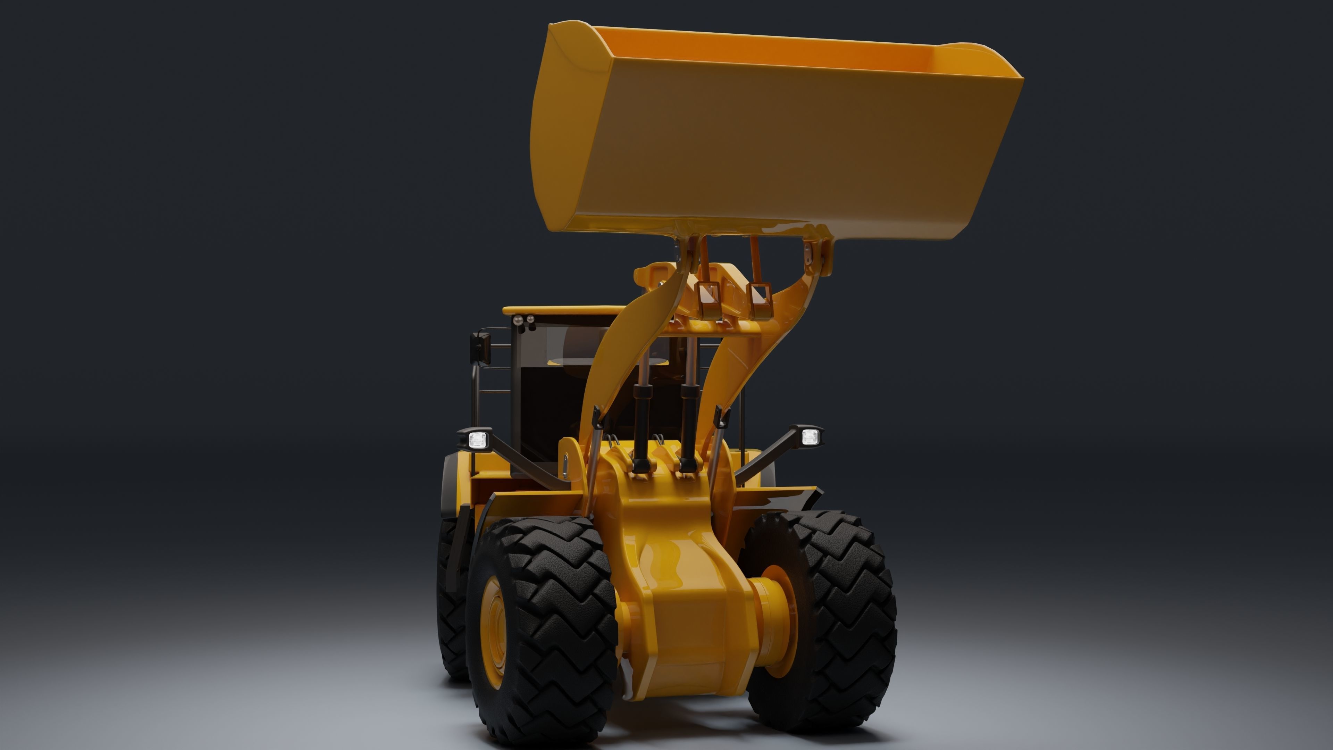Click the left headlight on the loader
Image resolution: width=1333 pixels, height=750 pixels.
click(x=478, y=440)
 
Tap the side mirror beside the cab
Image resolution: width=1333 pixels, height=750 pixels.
click(x=480, y=347)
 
